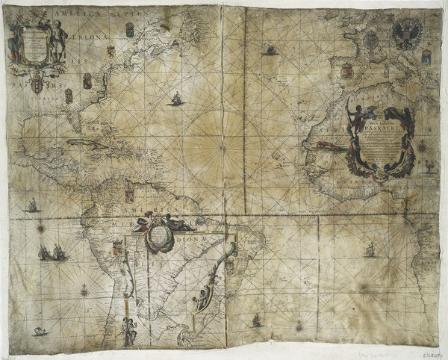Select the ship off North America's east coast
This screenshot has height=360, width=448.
(176, 99)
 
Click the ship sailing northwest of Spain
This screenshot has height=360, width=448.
(271, 50)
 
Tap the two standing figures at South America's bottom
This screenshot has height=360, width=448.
(129, 331)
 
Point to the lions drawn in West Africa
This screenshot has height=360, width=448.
(329, 146)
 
